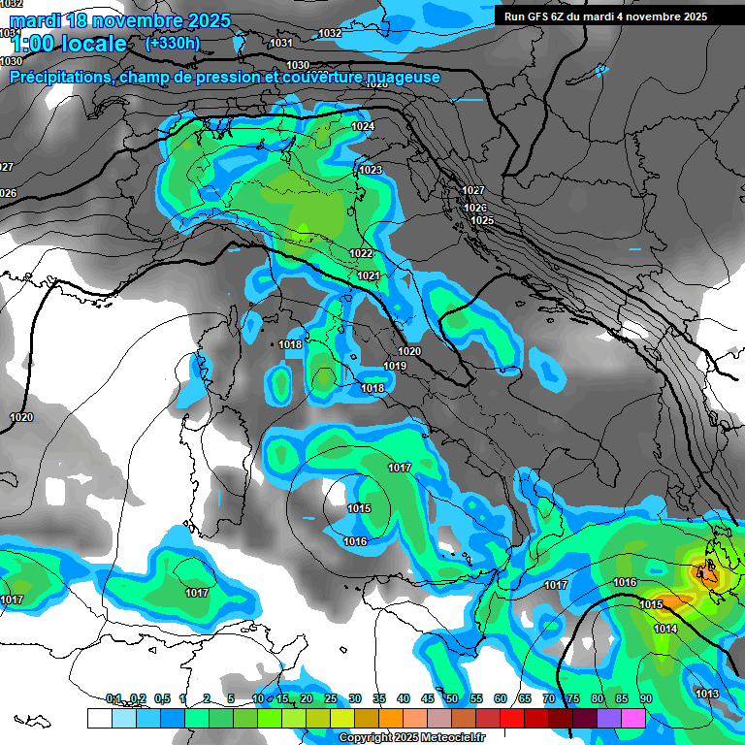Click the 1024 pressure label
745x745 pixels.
363,127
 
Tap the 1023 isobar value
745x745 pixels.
371,170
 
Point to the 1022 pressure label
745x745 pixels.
361,253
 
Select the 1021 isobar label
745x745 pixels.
369,275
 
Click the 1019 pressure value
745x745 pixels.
394,366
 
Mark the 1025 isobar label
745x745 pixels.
482,221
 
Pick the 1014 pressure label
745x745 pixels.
665,630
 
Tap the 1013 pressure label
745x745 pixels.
707,693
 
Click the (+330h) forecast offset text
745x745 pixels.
173,43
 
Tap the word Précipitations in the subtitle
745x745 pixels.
61,78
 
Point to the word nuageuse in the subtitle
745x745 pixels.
400,78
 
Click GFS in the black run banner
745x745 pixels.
542,16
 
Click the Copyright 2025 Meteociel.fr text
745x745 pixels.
411,738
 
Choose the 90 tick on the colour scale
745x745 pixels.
646,698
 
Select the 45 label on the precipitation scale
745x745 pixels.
427,698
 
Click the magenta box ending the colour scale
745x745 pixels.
633,718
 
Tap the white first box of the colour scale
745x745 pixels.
99,718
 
